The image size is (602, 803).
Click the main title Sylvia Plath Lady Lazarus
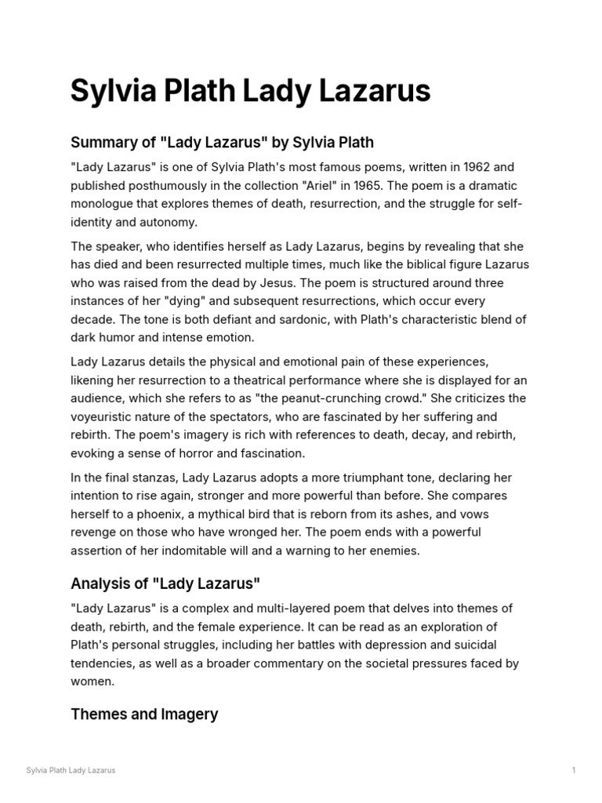(250, 92)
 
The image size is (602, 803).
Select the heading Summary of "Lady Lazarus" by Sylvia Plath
(222, 143)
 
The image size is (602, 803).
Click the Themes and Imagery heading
(144, 714)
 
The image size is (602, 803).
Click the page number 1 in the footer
(574, 770)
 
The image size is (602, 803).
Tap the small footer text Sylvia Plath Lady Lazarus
(71, 770)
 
